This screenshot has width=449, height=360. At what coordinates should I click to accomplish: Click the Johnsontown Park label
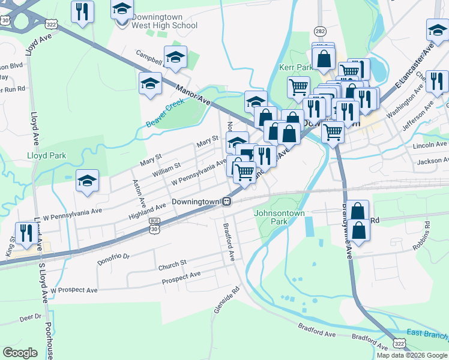tap(280, 217)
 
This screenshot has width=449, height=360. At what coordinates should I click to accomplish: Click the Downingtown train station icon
tap(227, 202)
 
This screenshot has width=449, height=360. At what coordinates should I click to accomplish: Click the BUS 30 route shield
tap(155, 223)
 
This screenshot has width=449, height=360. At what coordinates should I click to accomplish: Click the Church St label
tap(173, 265)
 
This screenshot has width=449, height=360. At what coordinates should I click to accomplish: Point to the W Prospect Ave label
tap(74, 290)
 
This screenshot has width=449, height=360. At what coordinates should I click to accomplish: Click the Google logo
tap(20, 353)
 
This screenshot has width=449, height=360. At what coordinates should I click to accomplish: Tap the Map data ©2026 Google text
tap(411, 355)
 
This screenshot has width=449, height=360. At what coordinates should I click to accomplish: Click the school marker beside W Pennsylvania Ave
tap(87, 182)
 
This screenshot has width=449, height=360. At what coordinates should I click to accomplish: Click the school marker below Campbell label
tap(150, 85)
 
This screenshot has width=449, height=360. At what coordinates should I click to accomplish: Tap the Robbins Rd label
tap(428, 235)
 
